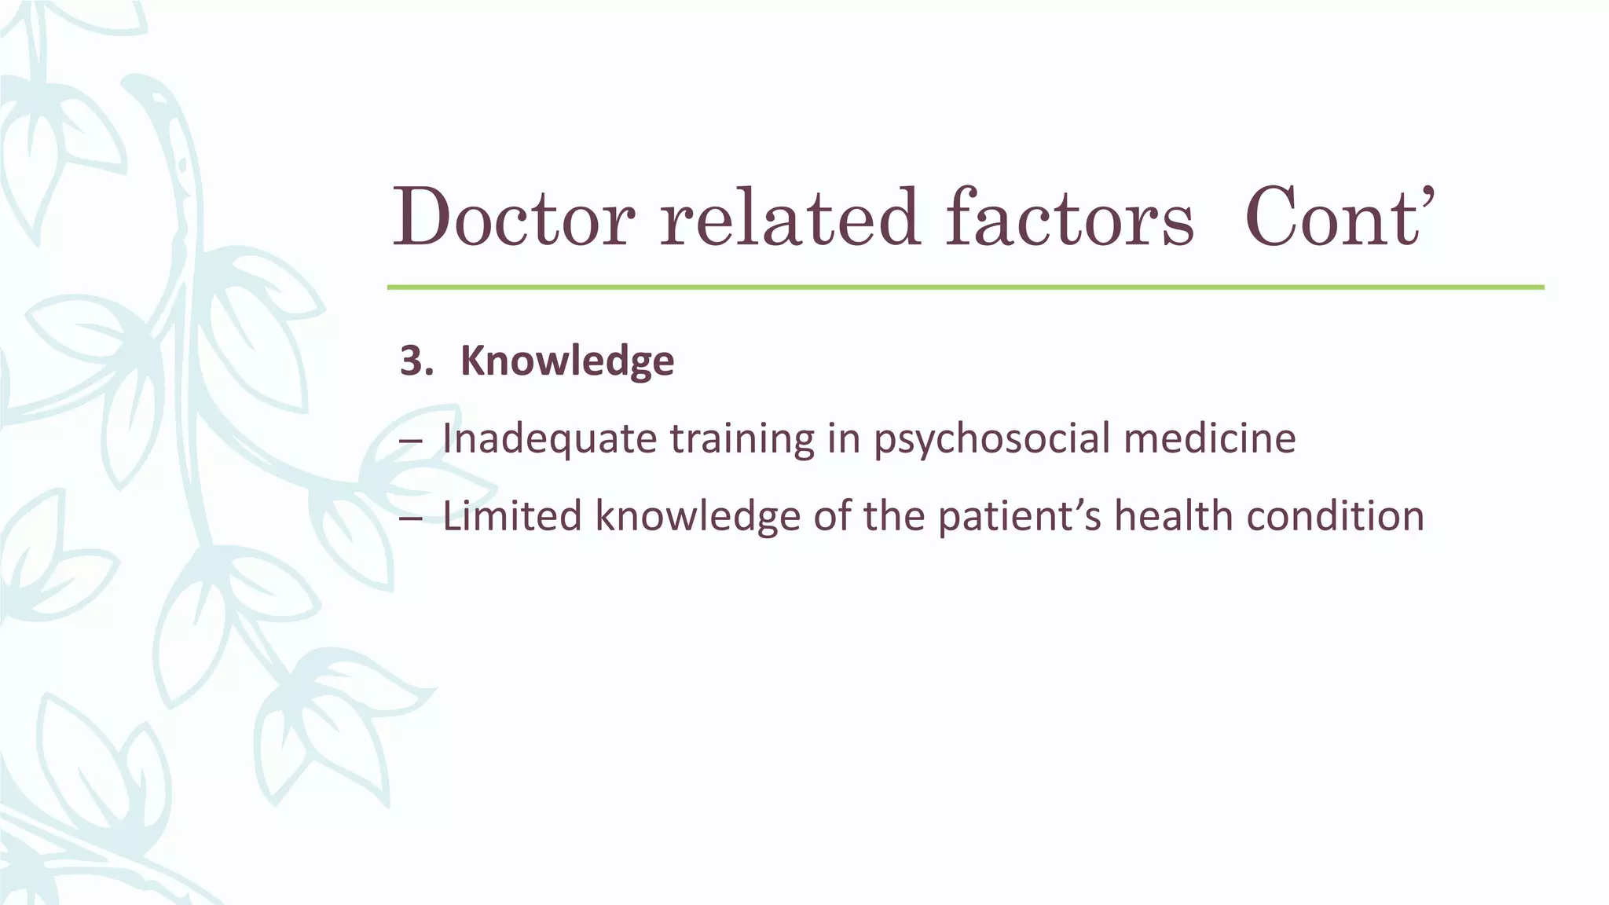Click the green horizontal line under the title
click(965, 288)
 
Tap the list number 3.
click(416, 361)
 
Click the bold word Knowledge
click(566, 361)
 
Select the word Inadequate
click(549, 438)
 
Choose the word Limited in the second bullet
click(511, 517)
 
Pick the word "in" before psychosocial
click(844, 438)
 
